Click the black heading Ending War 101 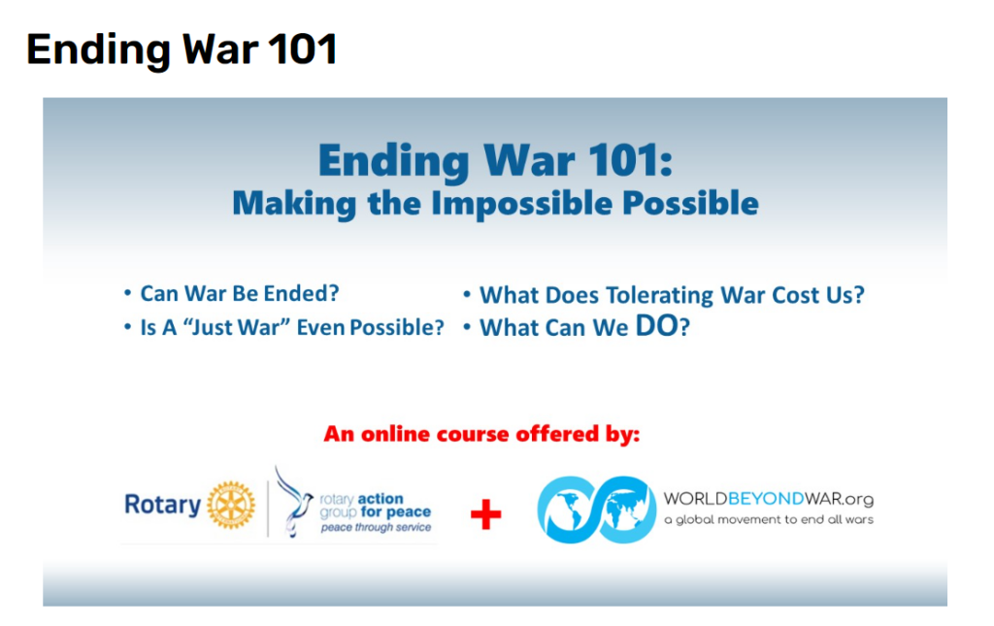(182, 50)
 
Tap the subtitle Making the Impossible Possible (495, 204)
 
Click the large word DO (657, 326)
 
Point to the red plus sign (486, 513)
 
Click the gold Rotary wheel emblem (231, 505)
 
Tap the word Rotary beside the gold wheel (162, 505)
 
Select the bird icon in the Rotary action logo (293, 502)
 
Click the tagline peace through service (376, 527)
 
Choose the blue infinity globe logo (597, 510)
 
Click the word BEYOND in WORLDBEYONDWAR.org (766, 499)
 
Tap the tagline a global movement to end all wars (769, 519)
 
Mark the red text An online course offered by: (481, 434)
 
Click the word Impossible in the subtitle (521, 204)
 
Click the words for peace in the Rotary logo (396, 511)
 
